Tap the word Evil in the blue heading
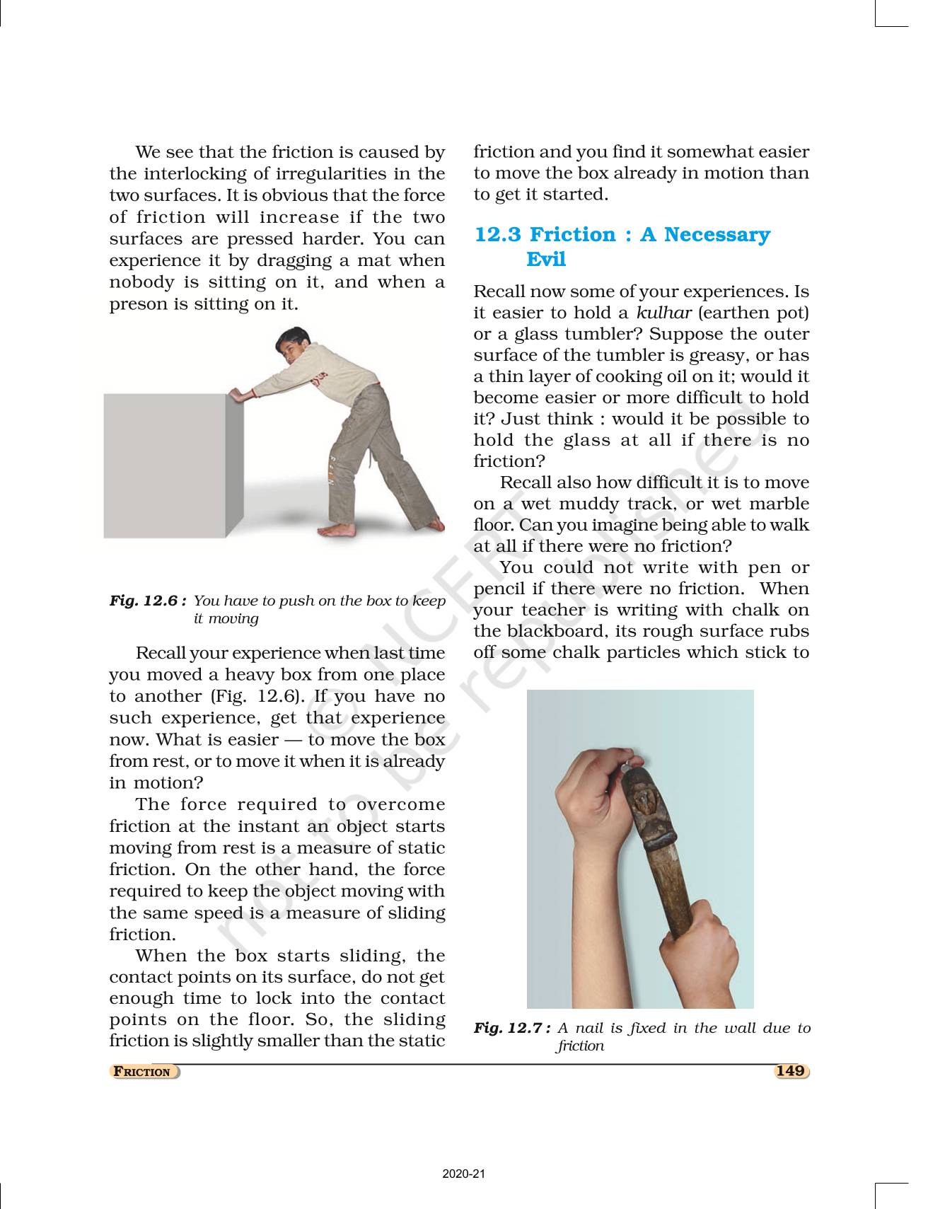(545, 259)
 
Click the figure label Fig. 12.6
(147, 601)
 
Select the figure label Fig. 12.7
(511, 1028)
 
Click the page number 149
(790, 1071)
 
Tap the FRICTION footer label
(144, 1072)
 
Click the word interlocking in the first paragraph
(193, 174)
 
